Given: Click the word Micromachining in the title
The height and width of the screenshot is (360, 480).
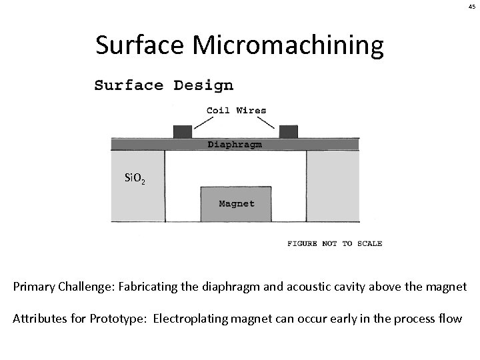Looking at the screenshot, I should coord(289,45).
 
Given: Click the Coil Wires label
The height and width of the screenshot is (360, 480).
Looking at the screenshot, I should coord(236,111).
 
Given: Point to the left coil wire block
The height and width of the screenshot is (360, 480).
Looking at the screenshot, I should coord(182,131).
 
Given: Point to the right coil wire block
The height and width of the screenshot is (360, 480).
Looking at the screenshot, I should coord(288,131).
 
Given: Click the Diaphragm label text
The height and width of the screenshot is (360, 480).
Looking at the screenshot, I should coord(235,144).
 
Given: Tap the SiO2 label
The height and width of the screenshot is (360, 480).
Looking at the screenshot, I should coord(135,178).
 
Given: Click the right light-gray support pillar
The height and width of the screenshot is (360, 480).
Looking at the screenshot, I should coord(333,186).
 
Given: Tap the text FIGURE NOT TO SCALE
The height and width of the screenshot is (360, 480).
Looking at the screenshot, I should coord(335,244).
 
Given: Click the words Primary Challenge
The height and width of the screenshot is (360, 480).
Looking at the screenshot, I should coord(55,287).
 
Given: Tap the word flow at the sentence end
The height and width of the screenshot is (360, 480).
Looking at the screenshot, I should coord(449,318).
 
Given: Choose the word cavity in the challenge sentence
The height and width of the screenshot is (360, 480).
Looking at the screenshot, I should coord(357,287).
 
